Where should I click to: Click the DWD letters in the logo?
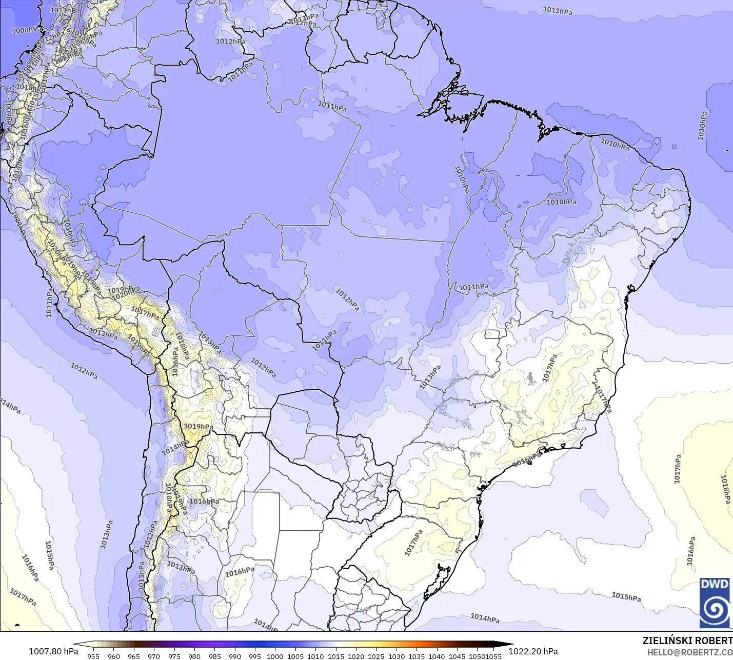coord(715,584)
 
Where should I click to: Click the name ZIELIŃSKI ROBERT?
coord(687,641)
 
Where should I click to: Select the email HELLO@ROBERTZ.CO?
coord(689,652)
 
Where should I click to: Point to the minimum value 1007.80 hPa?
coord(53,651)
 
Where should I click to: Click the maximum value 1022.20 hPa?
coord(533,651)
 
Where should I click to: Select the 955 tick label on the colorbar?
coord(93,656)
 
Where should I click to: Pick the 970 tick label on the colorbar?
coord(154,656)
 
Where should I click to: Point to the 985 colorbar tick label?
coord(214,656)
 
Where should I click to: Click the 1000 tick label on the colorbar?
coord(275,656)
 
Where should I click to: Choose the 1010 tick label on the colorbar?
coord(315,656)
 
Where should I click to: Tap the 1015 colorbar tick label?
coord(336,656)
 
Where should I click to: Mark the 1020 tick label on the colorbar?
coord(356,656)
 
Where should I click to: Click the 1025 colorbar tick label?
coord(376,656)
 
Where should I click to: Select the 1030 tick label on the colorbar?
coord(396,656)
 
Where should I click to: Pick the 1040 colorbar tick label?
coord(437,656)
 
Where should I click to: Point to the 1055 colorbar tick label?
coord(494,656)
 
